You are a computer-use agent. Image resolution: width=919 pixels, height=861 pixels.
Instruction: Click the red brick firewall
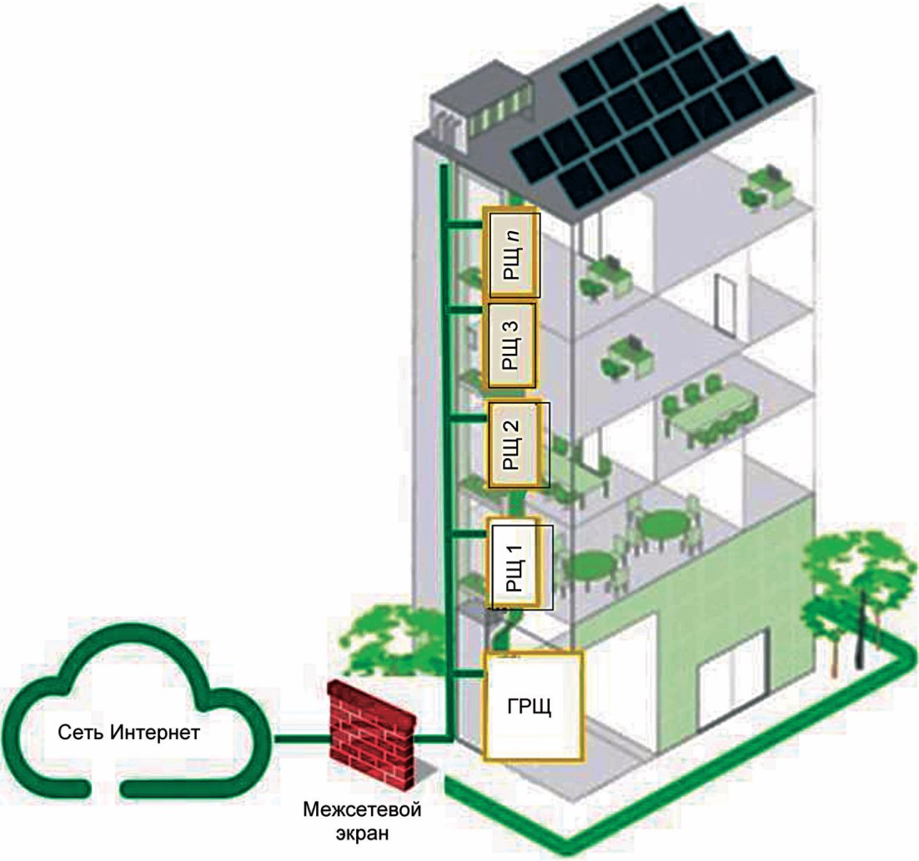coord(374,734)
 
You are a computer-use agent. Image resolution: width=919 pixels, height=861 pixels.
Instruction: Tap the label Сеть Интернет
coord(129,733)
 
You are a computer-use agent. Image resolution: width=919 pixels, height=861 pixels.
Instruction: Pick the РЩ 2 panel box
coord(518,445)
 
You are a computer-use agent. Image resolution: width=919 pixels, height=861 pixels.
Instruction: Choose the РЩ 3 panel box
coord(510,345)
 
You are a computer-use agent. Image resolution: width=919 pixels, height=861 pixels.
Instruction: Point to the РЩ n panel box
coord(513,254)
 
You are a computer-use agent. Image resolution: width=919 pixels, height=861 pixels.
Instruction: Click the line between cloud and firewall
coord(304,739)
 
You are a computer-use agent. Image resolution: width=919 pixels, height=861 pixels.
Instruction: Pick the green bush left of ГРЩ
coord(400,634)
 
